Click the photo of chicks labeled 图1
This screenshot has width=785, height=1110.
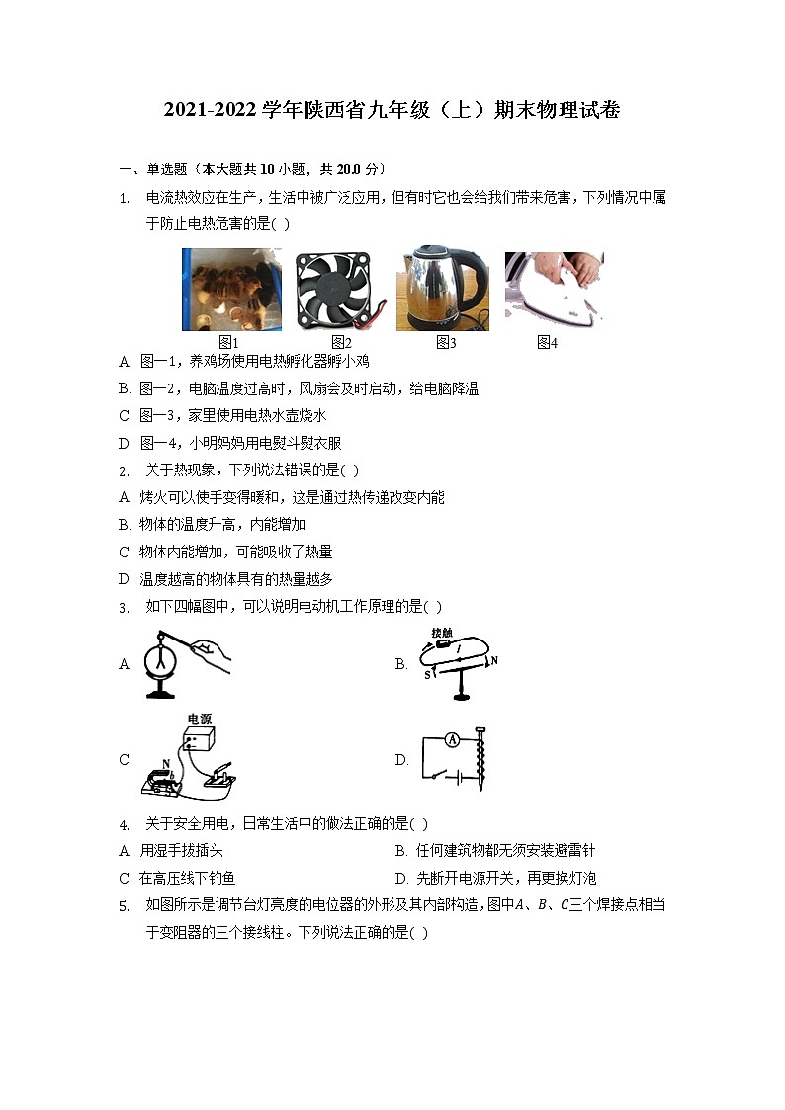coord(230,289)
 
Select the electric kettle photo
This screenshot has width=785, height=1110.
coord(444,289)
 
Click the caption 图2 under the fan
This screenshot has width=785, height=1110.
coord(342,343)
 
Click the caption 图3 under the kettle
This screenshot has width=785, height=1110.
coord(446,343)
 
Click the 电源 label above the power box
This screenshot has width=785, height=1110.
coord(200,719)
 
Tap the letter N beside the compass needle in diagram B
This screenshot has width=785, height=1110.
coord(494,659)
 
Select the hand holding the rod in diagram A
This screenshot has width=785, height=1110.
coord(212,654)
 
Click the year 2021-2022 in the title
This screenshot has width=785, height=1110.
coord(211,110)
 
